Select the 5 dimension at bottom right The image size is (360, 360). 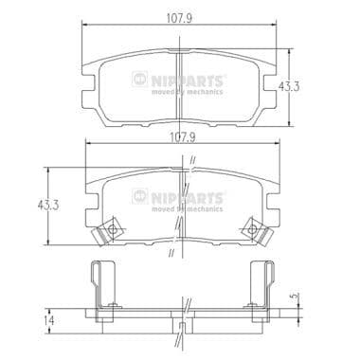coord(319,295)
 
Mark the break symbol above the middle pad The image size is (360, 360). coord(190,159)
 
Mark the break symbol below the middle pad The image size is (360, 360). coord(170,253)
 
